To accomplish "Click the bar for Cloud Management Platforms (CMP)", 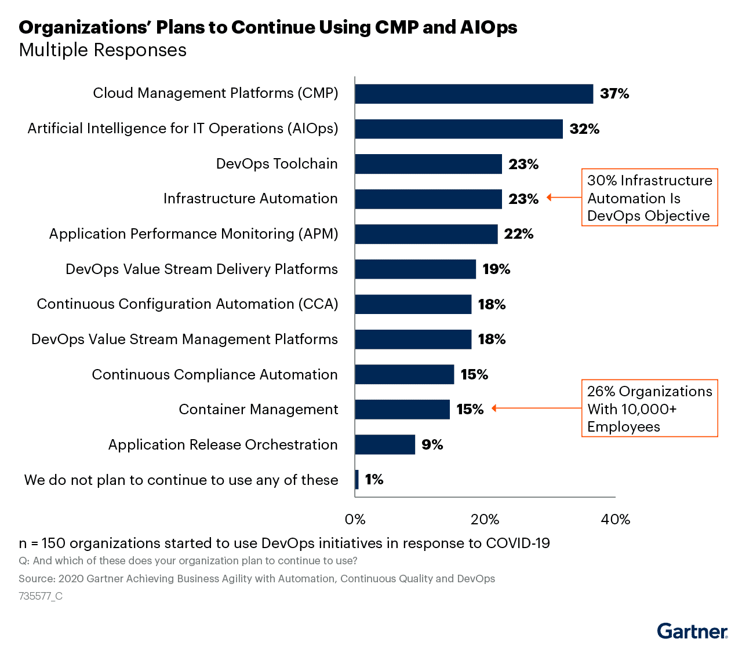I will point(474,94).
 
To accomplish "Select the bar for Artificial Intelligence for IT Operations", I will point(459,129).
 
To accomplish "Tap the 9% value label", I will point(432,444).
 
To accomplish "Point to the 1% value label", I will point(374,479).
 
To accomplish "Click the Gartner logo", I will point(692,631).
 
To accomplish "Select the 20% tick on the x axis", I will point(485,519).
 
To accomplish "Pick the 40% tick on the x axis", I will point(615,519).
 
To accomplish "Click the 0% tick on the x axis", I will point(355,519).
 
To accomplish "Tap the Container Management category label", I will point(258,410).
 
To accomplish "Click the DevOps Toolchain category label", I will point(277,164).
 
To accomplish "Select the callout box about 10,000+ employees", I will point(649,408).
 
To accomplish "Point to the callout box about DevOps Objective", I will point(649,198).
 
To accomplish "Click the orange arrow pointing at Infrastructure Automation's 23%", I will point(563,198).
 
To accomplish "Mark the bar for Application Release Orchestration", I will point(385,444).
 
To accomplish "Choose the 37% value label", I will point(614,94).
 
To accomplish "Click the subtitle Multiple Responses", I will point(103,50).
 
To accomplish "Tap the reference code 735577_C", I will point(41,596).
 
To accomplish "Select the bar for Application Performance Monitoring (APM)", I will point(426,234).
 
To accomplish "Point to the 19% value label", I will point(496,269).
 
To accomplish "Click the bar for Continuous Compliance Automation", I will point(404,374).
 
